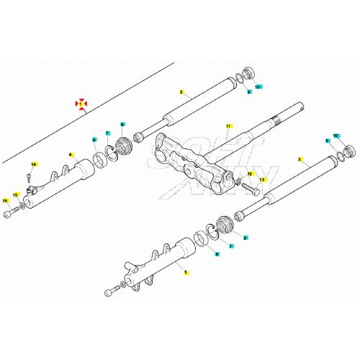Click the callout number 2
coord(182,92)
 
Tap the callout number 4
coord(71,153)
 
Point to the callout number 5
coord(185,272)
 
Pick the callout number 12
coord(251,174)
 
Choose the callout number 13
coord(262,179)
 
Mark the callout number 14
coord(32,165)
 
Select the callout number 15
coord(15,194)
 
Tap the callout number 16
coord(5,201)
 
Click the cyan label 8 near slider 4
coord(122,125)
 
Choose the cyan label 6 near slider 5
coord(245,237)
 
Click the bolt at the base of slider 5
coord(111,292)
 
